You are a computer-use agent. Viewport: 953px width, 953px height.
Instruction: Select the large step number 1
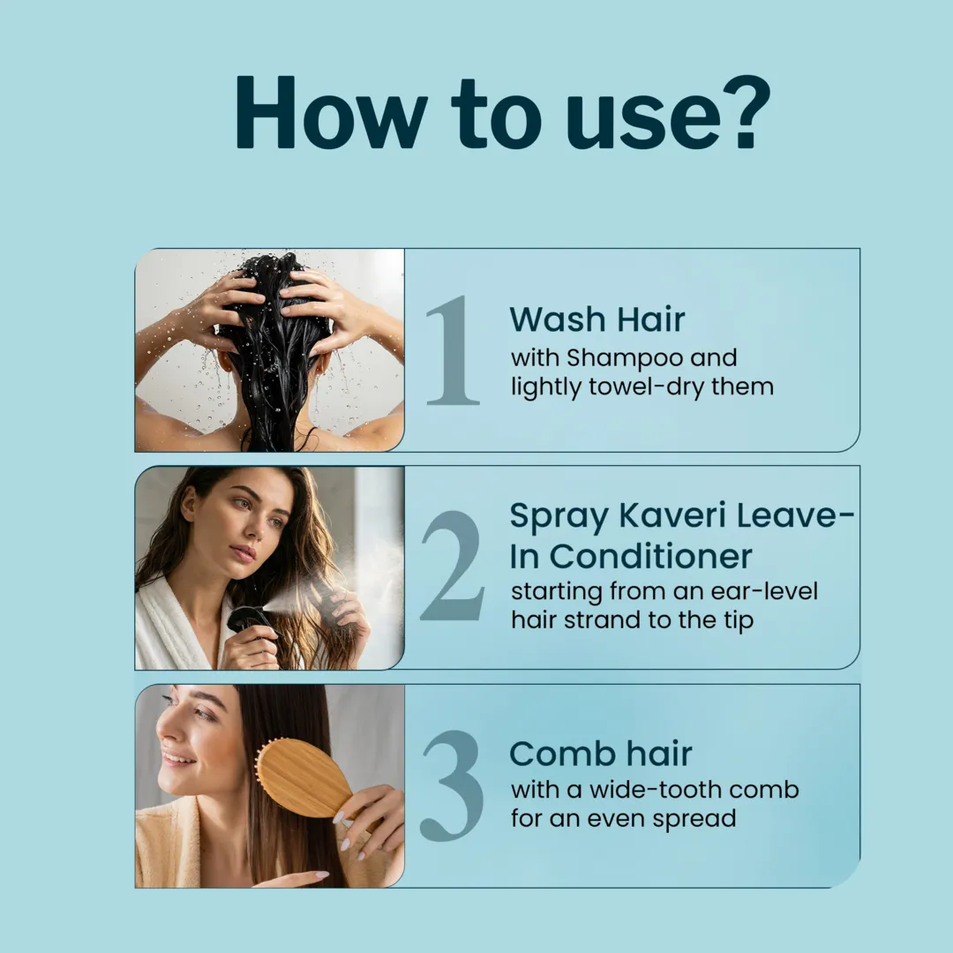click(x=454, y=350)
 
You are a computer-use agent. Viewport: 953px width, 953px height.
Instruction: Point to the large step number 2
click(x=453, y=566)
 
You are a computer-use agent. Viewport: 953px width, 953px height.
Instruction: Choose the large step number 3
click(x=453, y=786)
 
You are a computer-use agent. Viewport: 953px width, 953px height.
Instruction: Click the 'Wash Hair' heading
click(x=597, y=319)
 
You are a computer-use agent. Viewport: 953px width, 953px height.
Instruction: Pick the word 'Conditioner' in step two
click(x=650, y=556)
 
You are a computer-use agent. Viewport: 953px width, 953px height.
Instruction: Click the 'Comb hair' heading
click(x=601, y=754)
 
